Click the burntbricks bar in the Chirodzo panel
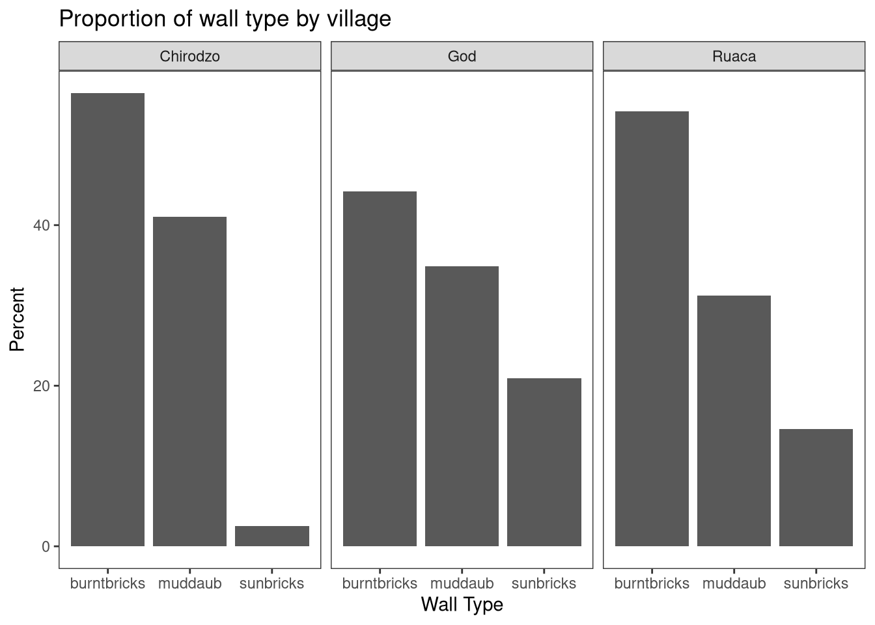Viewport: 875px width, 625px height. [107, 319]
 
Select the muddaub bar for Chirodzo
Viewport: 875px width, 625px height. [189, 381]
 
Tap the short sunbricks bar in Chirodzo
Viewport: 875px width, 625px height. [272, 536]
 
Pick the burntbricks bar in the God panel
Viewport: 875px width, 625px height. [380, 368]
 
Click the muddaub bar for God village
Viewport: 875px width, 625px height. [462, 406]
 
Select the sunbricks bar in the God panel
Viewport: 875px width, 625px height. [544, 462]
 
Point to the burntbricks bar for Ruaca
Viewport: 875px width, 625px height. [652, 328]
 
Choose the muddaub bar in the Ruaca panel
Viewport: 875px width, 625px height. [734, 421]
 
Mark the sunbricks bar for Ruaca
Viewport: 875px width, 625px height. [816, 487]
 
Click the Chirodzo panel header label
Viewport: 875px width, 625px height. [189, 56]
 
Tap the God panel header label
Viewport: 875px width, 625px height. [462, 56]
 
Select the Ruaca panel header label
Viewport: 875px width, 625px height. [734, 56]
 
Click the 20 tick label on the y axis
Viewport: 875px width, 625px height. [42, 386]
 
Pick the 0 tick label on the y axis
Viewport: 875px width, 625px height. [46, 546]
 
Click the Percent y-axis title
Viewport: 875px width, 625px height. [17, 319]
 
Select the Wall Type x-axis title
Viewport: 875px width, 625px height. [462, 605]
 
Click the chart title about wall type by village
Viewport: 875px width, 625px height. [225, 18]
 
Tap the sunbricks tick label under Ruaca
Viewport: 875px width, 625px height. [816, 583]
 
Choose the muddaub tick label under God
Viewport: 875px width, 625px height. [462, 583]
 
